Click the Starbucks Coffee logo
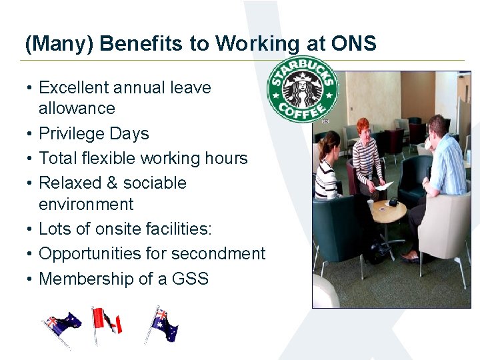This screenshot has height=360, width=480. [302, 89]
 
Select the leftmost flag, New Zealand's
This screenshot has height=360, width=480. [61, 326]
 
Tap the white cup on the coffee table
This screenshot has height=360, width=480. [371, 203]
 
